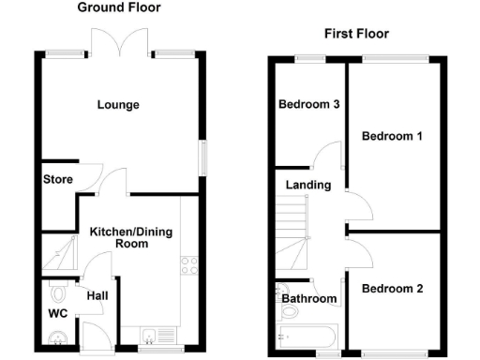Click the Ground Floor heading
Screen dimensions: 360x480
(x=118, y=7)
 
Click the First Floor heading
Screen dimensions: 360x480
(x=356, y=34)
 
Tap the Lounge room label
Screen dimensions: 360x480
(x=118, y=104)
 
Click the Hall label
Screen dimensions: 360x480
(x=97, y=295)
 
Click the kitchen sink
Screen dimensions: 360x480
(x=155, y=333)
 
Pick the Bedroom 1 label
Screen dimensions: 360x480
(x=393, y=136)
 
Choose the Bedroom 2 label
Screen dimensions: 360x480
(x=393, y=289)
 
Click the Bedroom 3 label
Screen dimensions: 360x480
(x=308, y=104)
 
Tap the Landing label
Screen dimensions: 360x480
(x=308, y=185)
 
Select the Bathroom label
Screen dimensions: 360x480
(x=309, y=299)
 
